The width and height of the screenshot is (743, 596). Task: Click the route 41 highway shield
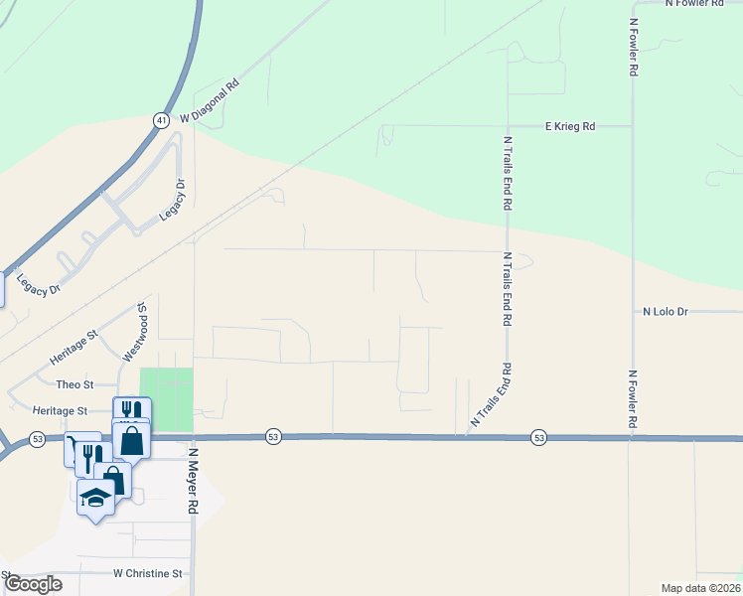click(161, 119)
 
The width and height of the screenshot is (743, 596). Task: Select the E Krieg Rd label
click(570, 126)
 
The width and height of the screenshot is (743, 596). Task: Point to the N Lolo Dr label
click(666, 311)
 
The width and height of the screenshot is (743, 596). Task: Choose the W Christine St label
click(148, 573)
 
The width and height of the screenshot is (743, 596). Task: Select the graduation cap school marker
click(95, 499)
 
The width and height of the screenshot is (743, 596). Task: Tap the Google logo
click(32, 584)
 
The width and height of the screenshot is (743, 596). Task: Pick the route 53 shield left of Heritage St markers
click(38, 437)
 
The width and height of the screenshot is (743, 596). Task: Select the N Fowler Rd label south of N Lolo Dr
click(632, 400)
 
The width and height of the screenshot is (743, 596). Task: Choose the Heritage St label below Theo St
click(61, 410)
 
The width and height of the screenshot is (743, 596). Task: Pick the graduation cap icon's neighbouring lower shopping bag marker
click(115, 479)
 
